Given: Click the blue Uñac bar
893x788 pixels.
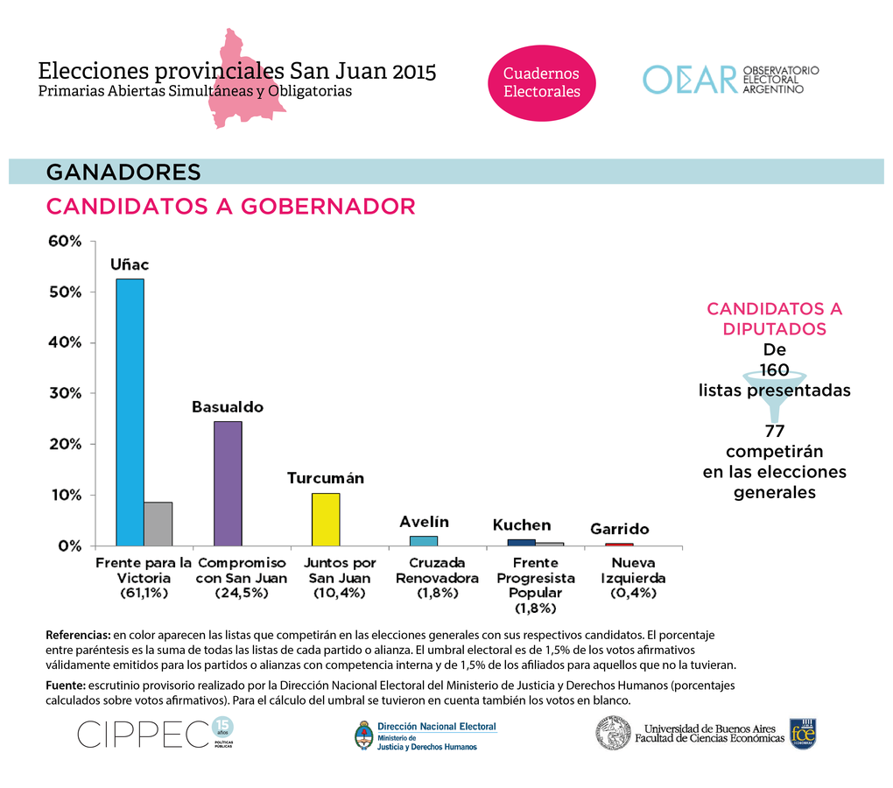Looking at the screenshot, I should coord(130,412).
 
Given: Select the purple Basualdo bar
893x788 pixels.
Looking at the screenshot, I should coord(228,483).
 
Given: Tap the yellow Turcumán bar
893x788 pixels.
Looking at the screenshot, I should coord(325,519).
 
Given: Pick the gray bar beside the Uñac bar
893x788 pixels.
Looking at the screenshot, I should coord(158,524).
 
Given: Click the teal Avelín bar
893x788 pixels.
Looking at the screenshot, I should coord(424,540).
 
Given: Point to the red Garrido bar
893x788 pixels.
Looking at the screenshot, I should coord(619,545).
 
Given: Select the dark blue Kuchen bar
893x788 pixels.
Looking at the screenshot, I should coord(521,542).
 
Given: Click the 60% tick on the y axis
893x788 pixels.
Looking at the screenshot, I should coord(64,242).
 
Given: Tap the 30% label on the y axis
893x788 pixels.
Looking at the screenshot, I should coord(64,393).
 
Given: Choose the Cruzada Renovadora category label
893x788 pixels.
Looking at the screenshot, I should coord(437,570).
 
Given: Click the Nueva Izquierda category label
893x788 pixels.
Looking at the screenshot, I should coord(633,570).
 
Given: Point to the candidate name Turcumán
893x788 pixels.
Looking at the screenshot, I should coord(325,479).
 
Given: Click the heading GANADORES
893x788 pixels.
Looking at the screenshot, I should coord(123,172).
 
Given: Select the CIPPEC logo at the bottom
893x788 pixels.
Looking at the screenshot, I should coord(144,735).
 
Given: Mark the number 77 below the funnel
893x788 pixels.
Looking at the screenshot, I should coord(774,431).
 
